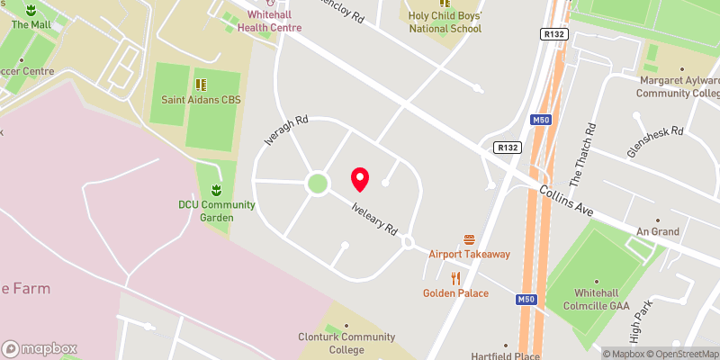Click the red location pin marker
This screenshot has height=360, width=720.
[360, 179]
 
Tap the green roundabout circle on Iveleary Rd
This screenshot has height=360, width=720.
[317, 184]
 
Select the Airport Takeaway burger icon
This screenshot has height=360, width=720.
[469, 239]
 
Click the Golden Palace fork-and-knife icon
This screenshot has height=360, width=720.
[456, 278]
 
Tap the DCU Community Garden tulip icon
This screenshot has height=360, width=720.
[216, 190]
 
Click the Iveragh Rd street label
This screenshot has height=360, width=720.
[286, 131]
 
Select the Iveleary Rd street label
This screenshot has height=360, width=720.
[374, 218]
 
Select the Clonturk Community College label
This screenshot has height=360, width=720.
[346, 344]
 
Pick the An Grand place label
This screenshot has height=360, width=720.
[658, 231]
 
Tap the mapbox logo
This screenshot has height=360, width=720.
[40, 348]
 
